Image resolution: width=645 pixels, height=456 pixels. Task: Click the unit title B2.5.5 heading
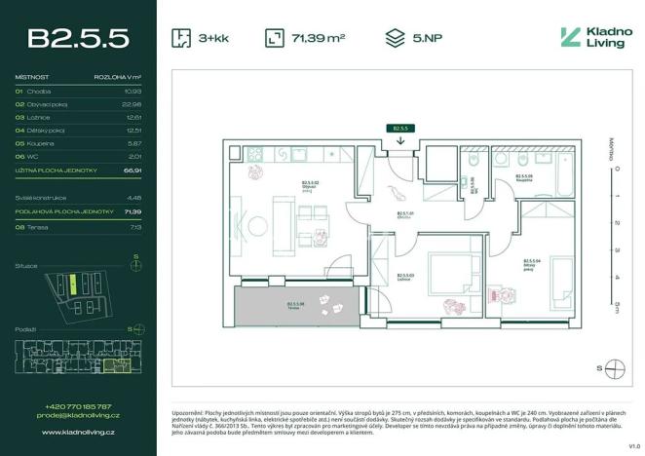point(78,38)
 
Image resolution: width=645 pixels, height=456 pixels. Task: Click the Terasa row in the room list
point(39,226)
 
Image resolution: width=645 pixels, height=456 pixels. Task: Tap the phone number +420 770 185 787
point(78,406)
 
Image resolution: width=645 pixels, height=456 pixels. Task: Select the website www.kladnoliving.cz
point(78,430)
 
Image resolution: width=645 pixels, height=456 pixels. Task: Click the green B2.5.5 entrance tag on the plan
point(399,128)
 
